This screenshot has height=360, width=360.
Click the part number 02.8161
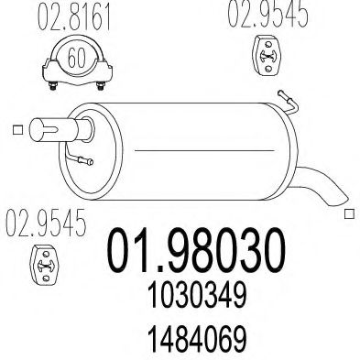click(67, 20)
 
